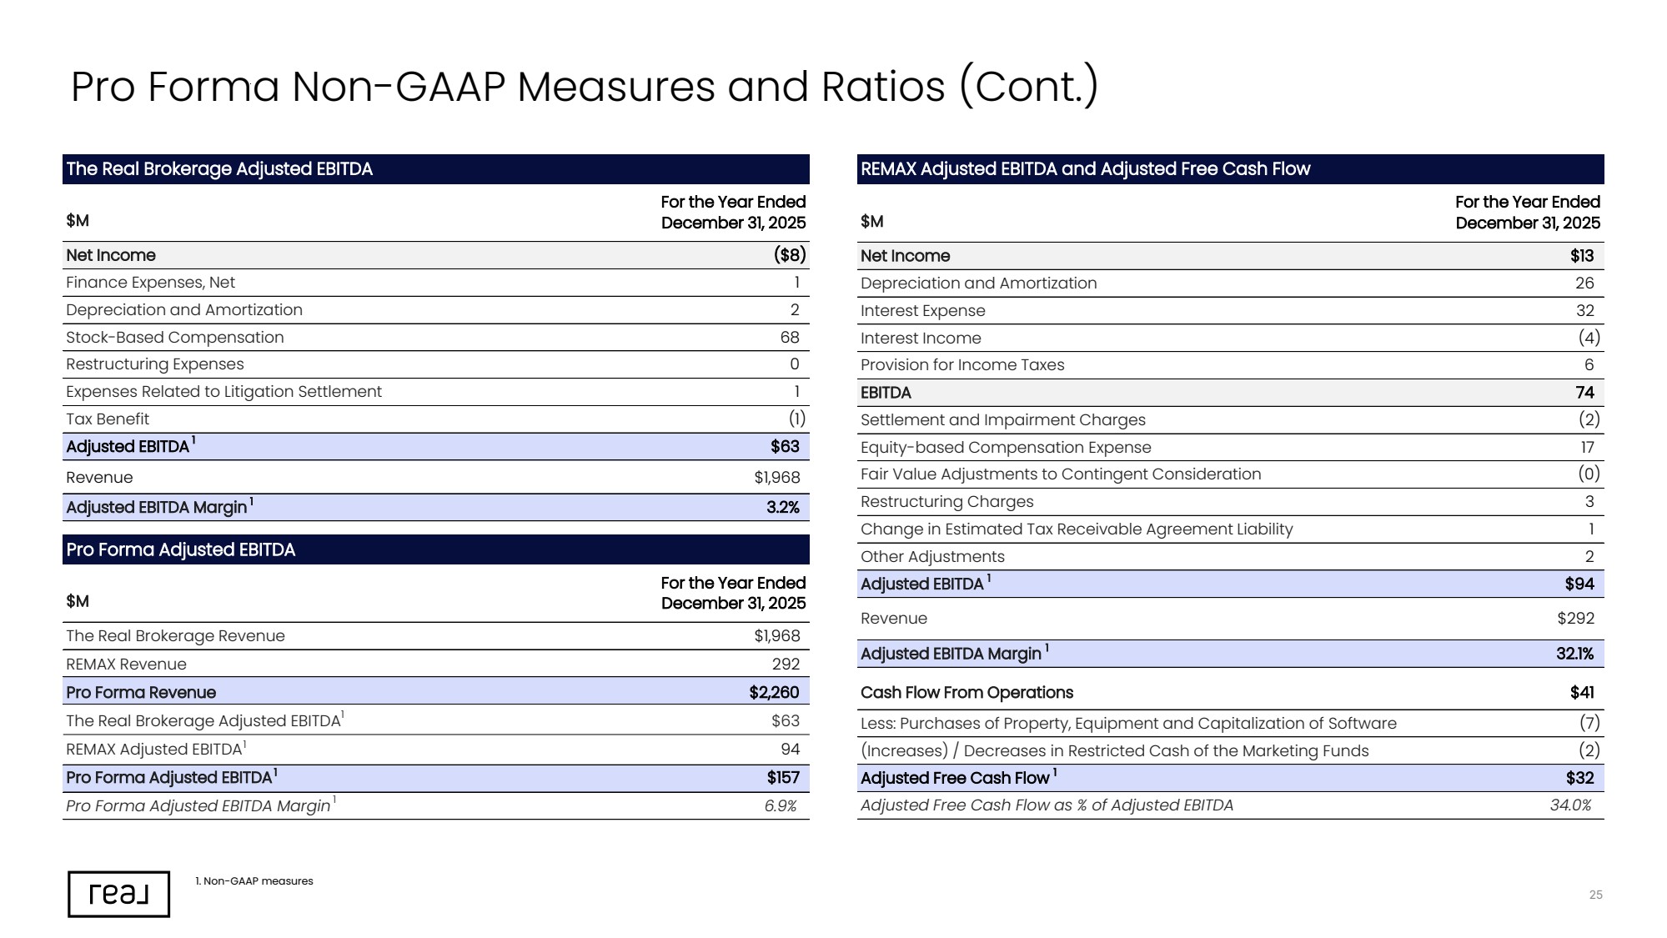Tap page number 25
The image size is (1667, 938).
coord(1595,895)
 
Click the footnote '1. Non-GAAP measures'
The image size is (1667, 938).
coord(254,881)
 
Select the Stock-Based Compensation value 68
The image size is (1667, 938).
coord(789,338)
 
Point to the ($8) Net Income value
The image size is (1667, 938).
coord(789,255)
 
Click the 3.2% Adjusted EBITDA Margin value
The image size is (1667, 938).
coord(782,508)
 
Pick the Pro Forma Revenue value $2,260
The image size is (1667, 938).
coord(774,693)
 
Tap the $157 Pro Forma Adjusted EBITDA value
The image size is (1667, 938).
coord(783,778)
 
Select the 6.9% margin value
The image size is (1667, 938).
coord(781,806)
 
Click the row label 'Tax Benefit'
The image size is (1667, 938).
coord(108,419)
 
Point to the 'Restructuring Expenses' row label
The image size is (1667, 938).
coord(155,364)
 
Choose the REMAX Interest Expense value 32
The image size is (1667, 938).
coord(1584,311)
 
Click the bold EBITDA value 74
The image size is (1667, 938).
coord(1584,393)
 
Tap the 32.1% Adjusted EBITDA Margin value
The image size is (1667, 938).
coord(1574,654)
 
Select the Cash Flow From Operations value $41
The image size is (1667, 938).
coord(1582,693)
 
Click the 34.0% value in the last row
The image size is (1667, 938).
coord(1571,805)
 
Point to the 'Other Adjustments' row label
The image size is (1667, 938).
coord(932,557)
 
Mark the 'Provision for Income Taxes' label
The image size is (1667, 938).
coord(962,365)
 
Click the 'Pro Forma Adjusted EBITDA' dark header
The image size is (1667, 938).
coord(435,549)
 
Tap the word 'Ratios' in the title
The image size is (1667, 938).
coord(883,87)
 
